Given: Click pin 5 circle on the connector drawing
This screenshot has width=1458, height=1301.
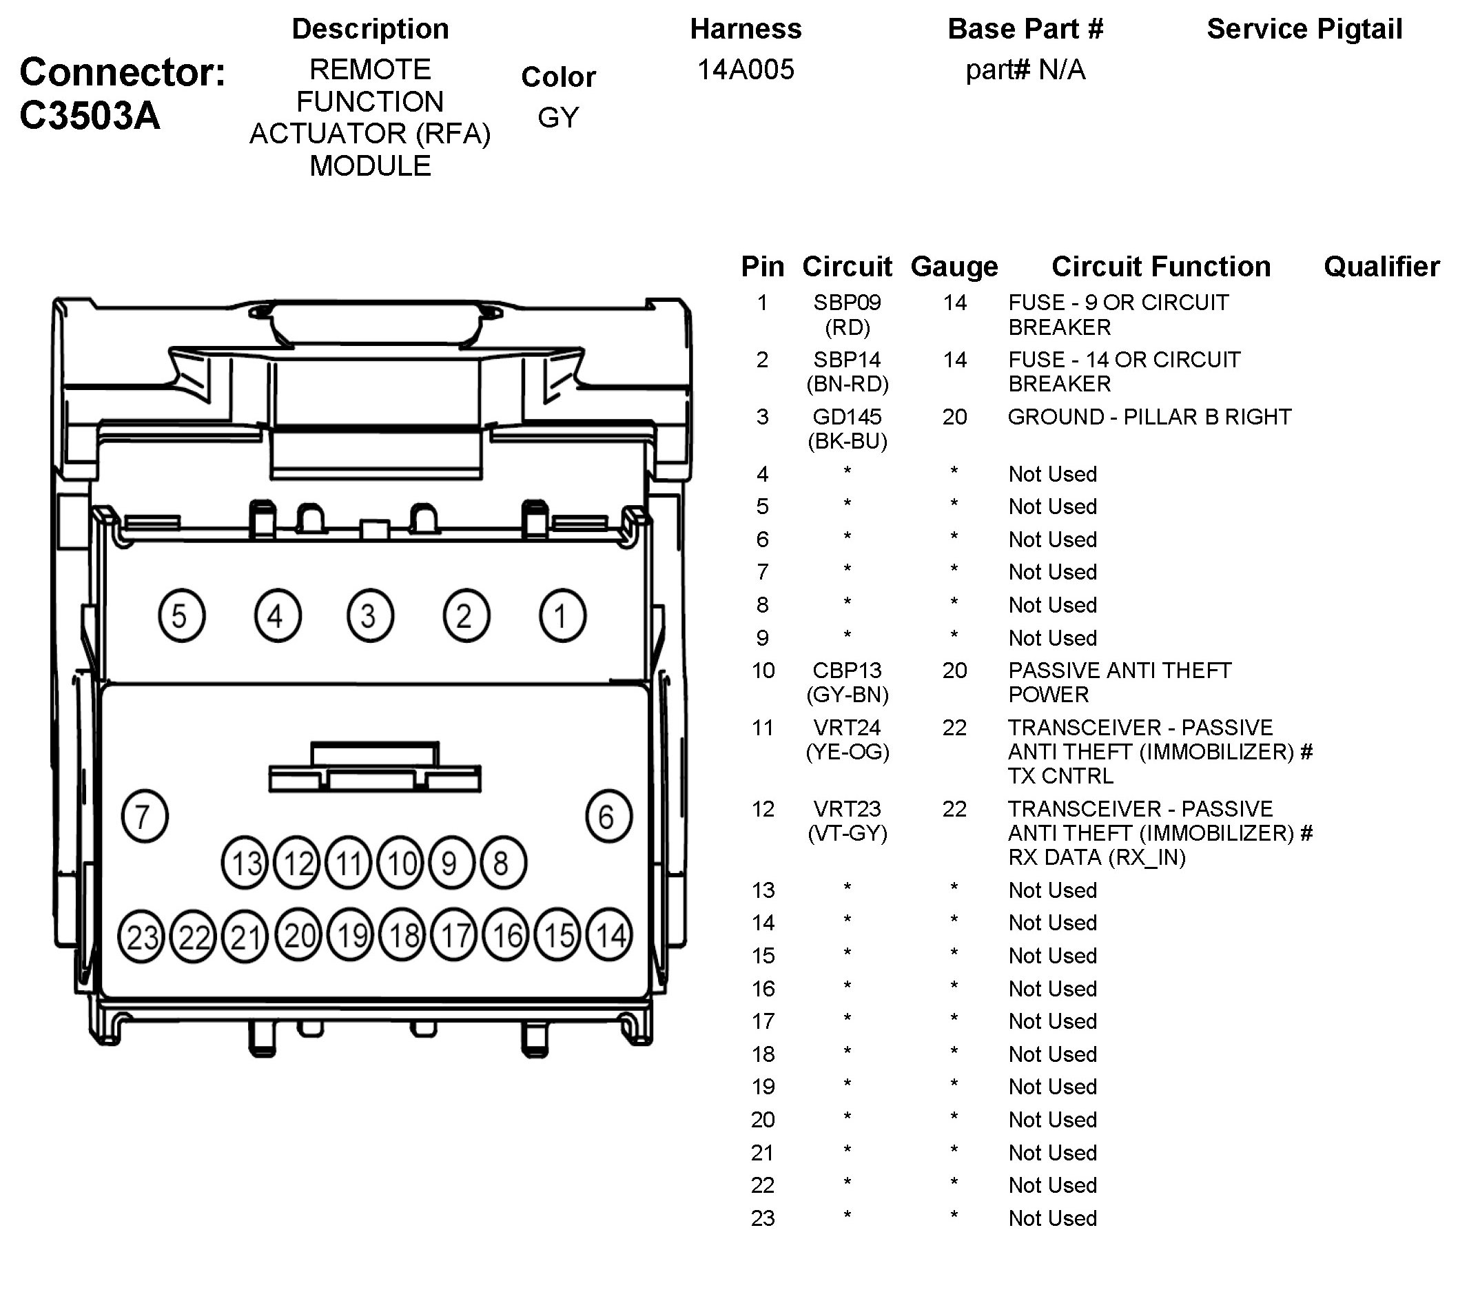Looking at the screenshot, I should coord(181,615).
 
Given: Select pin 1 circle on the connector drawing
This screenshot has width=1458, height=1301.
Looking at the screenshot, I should coord(562,615).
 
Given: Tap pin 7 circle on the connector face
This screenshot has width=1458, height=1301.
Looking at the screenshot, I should coord(145,816).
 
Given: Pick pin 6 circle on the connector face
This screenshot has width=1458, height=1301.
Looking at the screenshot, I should coord(608,816).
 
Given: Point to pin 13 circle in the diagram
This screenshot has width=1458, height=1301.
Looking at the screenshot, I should coord(245,863).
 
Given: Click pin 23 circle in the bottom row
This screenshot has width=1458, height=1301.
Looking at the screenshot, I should coord(141,936).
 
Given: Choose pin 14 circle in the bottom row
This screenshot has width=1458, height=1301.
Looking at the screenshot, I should coord(610,935).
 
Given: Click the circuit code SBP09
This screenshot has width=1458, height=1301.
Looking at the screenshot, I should coord(847,303).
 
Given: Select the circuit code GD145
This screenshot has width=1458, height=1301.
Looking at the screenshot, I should coord(847,417).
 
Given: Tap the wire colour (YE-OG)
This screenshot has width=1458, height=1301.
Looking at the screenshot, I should coord(848,752).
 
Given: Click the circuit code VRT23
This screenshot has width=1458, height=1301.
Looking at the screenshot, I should coord(847,808).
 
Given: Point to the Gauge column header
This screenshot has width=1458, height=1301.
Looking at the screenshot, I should coord(954,267).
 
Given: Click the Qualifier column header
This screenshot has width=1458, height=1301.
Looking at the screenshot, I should coord(1381,267).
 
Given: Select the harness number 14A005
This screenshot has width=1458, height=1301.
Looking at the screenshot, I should coord(746,70).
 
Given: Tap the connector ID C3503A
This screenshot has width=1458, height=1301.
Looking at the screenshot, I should coord(90,115).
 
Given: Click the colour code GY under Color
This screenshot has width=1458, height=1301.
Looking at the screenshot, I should coord(558,117).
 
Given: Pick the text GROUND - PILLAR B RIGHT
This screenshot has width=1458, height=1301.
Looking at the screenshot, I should coord(1149,417).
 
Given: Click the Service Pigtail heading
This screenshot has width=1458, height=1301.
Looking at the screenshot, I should coord(1304,30).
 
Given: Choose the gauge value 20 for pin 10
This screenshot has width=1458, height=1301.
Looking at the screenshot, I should coord(954,670).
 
